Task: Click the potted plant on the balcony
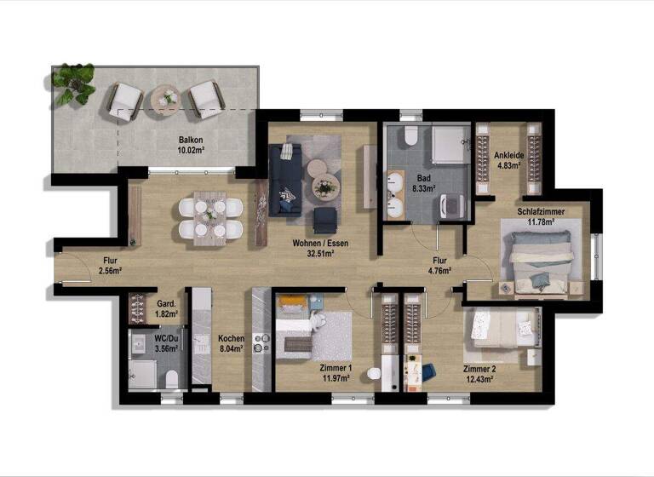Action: [x=73, y=82]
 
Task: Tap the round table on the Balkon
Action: [x=165, y=101]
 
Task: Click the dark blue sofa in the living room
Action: [x=284, y=176]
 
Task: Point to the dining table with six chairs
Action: [x=209, y=218]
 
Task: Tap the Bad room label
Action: [x=413, y=178]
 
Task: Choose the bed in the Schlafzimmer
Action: [x=542, y=253]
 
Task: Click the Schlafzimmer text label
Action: [x=542, y=211]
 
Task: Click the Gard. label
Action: [x=166, y=304]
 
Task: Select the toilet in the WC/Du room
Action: [x=170, y=378]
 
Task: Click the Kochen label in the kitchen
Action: [x=231, y=338]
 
